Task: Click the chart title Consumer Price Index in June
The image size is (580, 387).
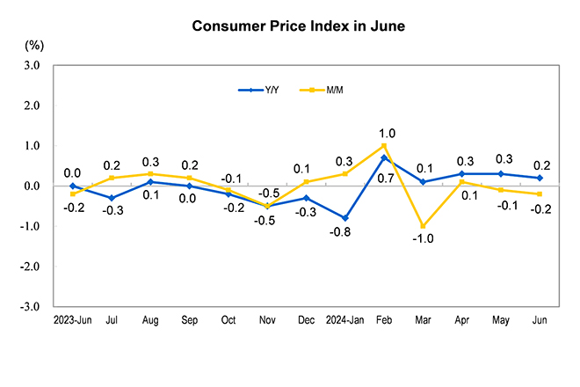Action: (x=299, y=26)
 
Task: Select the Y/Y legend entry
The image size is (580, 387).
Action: (x=264, y=90)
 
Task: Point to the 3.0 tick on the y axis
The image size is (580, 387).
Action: (x=32, y=65)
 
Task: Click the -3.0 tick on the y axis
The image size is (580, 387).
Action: (x=31, y=307)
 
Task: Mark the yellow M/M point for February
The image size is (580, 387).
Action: (x=384, y=146)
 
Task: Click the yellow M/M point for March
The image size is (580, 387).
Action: (x=423, y=226)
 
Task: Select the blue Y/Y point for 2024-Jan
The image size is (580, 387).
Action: (x=345, y=218)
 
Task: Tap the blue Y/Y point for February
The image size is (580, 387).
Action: (x=384, y=157)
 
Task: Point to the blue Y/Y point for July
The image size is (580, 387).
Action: (x=111, y=198)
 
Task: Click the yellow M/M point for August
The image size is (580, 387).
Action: (x=150, y=174)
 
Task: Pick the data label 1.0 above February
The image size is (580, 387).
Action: (x=388, y=134)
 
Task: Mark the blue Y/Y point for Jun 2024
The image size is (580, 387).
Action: (x=540, y=178)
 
